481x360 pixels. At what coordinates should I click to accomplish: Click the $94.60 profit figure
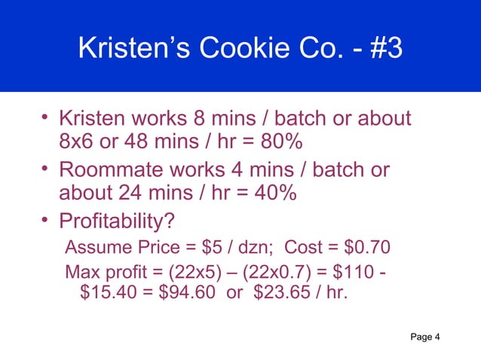178,291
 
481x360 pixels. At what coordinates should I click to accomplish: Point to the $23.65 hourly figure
263,291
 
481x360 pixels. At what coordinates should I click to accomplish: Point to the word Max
81,271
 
